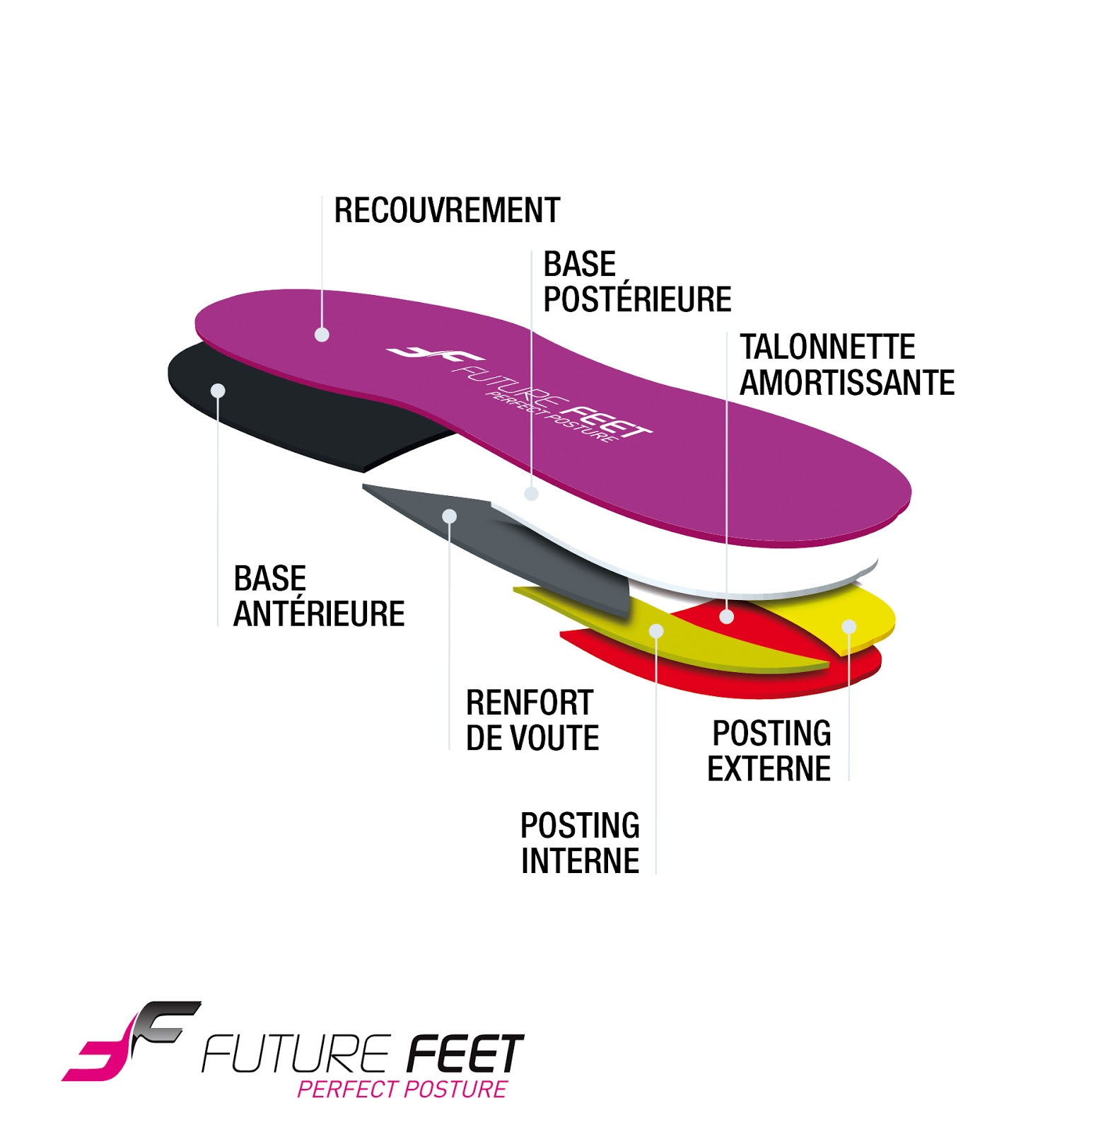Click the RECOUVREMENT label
(x=447, y=211)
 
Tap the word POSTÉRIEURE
(x=637, y=299)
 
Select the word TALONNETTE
(x=827, y=347)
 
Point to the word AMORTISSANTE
(x=847, y=383)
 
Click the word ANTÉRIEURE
(x=319, y=613)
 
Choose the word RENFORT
(x=530, y=703)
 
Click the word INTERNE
(x=580, y=861)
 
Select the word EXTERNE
(x=769, y=769)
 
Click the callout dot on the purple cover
(x=322, y=335)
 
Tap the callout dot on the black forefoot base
(x=218, y=391)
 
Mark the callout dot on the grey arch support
(x=450, y=516)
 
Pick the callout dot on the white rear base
(x=531, y=494)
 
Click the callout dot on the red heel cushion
(x=726, y=616)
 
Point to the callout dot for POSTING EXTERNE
(x=849, y=626)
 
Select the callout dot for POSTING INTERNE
(x=656, y=630)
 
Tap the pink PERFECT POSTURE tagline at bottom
(x=402, y=1089)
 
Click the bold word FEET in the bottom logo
(x=465, y=1053)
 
